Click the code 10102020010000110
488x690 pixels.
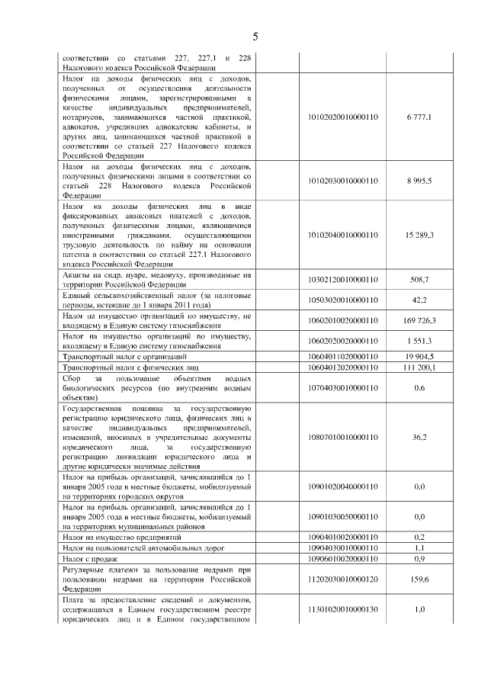pyautogui.click(x=342, y=118)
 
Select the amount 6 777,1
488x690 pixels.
pyautogui.click(x=419, y=118)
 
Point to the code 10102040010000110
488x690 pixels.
pyautogui.click(x=342, y=235)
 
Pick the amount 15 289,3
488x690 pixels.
pyautogui.click(x=419, y=235)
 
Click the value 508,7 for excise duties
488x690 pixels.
pyautogui.click(x=419, y=280)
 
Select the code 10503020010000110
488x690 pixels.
pyautogui.click(x=342, y=300)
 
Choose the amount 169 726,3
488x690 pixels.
pyautogui.click(x=419, y=319)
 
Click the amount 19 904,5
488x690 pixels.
pyautogui.click(x=419, y=356)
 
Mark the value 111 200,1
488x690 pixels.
pyautogui.click(x=419, y=367)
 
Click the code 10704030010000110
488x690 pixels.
pyautogui.click(x=342, y=387)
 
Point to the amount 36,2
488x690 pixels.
pyautogui.click(x=419, y=438)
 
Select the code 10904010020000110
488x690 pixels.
pyautogui.click(x=342, y=537)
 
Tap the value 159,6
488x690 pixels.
pyautogui.click(x=419, y=579)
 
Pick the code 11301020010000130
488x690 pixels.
pyautogui.click(x=342, y=610)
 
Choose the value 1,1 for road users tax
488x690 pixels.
pyautogui.click(x=419, y=548)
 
